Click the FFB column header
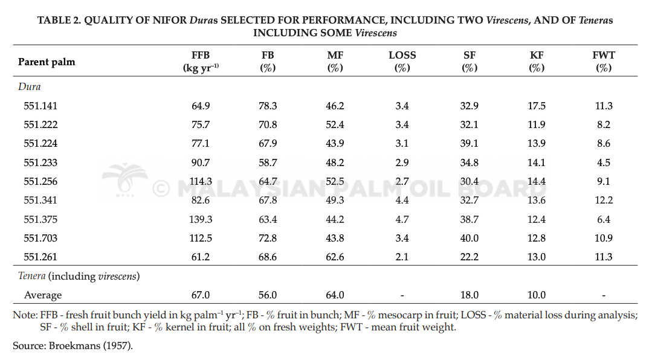pos(201,61)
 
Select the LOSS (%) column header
pos(402,61)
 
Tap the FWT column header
pos(604,61)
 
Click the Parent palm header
pos(47,62)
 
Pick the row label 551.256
pos(40,181)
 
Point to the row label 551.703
pos(40,238)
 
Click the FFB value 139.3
pos(201,219)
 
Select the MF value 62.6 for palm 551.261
pos(335,257)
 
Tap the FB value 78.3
pos(268,106)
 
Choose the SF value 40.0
pos(470,238)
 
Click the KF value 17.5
pos(537,106)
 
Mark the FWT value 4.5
pos(604,162)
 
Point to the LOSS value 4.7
pos(402,219)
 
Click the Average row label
pos(43,295)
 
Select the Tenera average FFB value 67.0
pos(201,295)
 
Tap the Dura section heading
pos(30,87)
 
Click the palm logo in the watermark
pos(124,179)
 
